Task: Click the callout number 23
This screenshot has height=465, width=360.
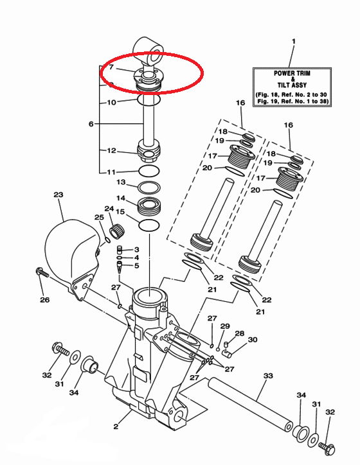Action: (x=59, y=195)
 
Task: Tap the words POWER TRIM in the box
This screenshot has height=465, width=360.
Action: (x=292, y=73)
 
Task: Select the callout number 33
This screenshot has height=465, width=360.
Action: (x=268, y=376)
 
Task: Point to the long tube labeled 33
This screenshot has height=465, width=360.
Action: (x=251, y=403)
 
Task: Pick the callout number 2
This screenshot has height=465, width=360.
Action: (x=116, y=426)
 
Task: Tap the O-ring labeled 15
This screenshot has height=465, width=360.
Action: (x=149, y=225)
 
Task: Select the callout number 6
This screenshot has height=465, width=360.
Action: (x=91, y=124)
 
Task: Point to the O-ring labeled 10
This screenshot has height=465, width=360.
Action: (x=148, y=100)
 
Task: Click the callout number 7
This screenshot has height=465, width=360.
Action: (x=111, y=67)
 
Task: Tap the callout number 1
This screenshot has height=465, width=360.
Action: (x=294, y=41)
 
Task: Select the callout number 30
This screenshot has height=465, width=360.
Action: (x=253, y=340)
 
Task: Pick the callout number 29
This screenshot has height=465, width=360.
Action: (x=225, y=326)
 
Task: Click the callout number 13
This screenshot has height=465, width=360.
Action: (x=121, y=182)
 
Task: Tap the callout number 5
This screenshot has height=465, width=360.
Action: (x=136, y=265)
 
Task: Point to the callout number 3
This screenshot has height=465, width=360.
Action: (x=136, y=249)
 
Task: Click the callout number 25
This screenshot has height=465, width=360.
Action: (x=99, y=217)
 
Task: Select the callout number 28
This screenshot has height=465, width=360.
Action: (x=240, y=333)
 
